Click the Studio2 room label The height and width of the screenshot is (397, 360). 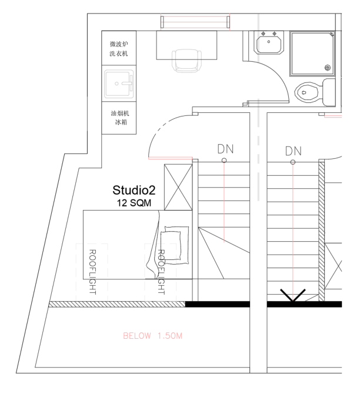[x=134, y=190]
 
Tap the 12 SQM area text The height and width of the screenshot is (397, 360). [x=134, y=203]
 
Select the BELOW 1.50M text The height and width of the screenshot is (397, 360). [x=153, y=336]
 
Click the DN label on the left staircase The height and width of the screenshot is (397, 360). [x=225, y=149]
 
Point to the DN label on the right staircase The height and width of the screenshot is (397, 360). [x=294, y=151]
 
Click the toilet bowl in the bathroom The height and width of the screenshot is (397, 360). [x=307, y=92]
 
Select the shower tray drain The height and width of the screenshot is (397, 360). [x=328, y=68]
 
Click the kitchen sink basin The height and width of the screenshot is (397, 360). [x=119, y=84]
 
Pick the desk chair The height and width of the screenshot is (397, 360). [x=187, y=61]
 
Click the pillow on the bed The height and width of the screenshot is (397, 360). [x=171, y=246]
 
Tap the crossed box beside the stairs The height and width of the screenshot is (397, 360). [x=178, y=188]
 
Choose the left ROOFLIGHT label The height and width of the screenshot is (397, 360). [x=92, y=272]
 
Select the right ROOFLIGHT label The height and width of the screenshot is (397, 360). [x=161, y=272]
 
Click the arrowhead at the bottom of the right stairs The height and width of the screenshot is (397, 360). [x=293, y=296]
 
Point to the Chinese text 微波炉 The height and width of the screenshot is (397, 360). [x=119, y=44]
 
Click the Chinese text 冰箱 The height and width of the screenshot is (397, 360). [x=121, y=122]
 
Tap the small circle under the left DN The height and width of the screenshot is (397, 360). [x=224, y=161]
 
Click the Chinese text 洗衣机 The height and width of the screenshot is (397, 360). [x=119, y=54]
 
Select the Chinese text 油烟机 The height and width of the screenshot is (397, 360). [x=120, y=113]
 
